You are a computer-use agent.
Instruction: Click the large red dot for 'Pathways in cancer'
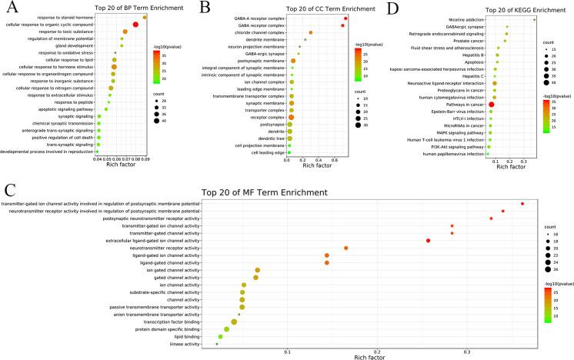[x=491, y=104]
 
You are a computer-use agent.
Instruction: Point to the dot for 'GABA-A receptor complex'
[x=346, y=17]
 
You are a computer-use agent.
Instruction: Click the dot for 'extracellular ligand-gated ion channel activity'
[x=428, y=241]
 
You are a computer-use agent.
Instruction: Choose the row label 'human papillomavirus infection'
[x=451, y=154]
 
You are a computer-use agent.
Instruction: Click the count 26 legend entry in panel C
[x=542, y=270]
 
